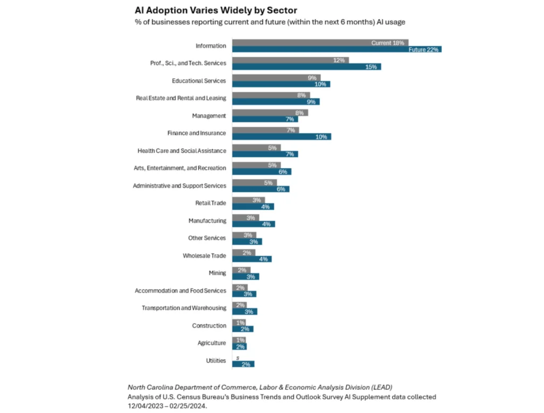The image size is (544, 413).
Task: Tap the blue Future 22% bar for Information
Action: point(337,49)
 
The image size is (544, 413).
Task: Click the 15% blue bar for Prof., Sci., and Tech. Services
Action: point(307,67)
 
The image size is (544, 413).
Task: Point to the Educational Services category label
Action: point(199,81)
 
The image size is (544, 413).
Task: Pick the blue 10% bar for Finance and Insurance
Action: point(282,137)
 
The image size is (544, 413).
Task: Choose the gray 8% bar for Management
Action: point(270,113)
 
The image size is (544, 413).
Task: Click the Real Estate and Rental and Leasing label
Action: point(181,98)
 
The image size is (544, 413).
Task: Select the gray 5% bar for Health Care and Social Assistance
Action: point(256,148)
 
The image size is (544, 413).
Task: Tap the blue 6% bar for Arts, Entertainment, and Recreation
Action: point(261,171)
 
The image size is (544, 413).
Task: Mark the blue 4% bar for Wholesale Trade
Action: point(252,259)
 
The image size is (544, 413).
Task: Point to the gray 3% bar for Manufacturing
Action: point(245,217)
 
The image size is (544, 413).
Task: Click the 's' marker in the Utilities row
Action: point(237,357)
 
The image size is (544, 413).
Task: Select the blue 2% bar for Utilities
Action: point(243,364)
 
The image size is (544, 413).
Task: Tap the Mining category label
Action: point(217,273)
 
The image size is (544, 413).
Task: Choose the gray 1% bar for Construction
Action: point(239,322)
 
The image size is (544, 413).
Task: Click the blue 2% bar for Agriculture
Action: point(240,347)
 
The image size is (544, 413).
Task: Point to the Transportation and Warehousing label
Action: point(184,308)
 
